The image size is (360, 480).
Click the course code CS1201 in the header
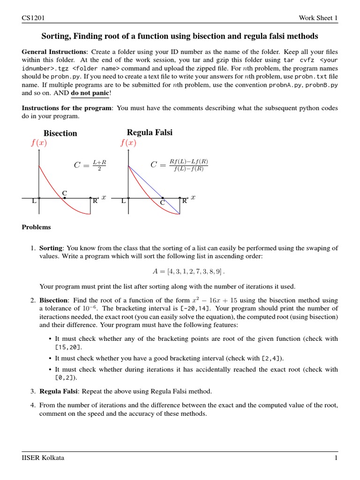coord(33,18)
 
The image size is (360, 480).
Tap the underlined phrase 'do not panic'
coord(90,94)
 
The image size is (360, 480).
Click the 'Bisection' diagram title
coord(60,133)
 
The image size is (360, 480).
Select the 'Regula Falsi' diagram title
coord(150,133)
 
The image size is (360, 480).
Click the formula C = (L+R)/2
coord(90,165)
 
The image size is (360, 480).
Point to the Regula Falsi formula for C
coord(179,165)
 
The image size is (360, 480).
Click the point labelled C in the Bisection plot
coord(65,197)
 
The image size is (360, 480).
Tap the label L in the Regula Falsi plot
coord(123,201)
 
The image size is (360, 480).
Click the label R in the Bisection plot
coord(95,201)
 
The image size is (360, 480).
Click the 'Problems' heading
coord(37,227)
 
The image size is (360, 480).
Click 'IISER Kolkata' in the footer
coord(43,458)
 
